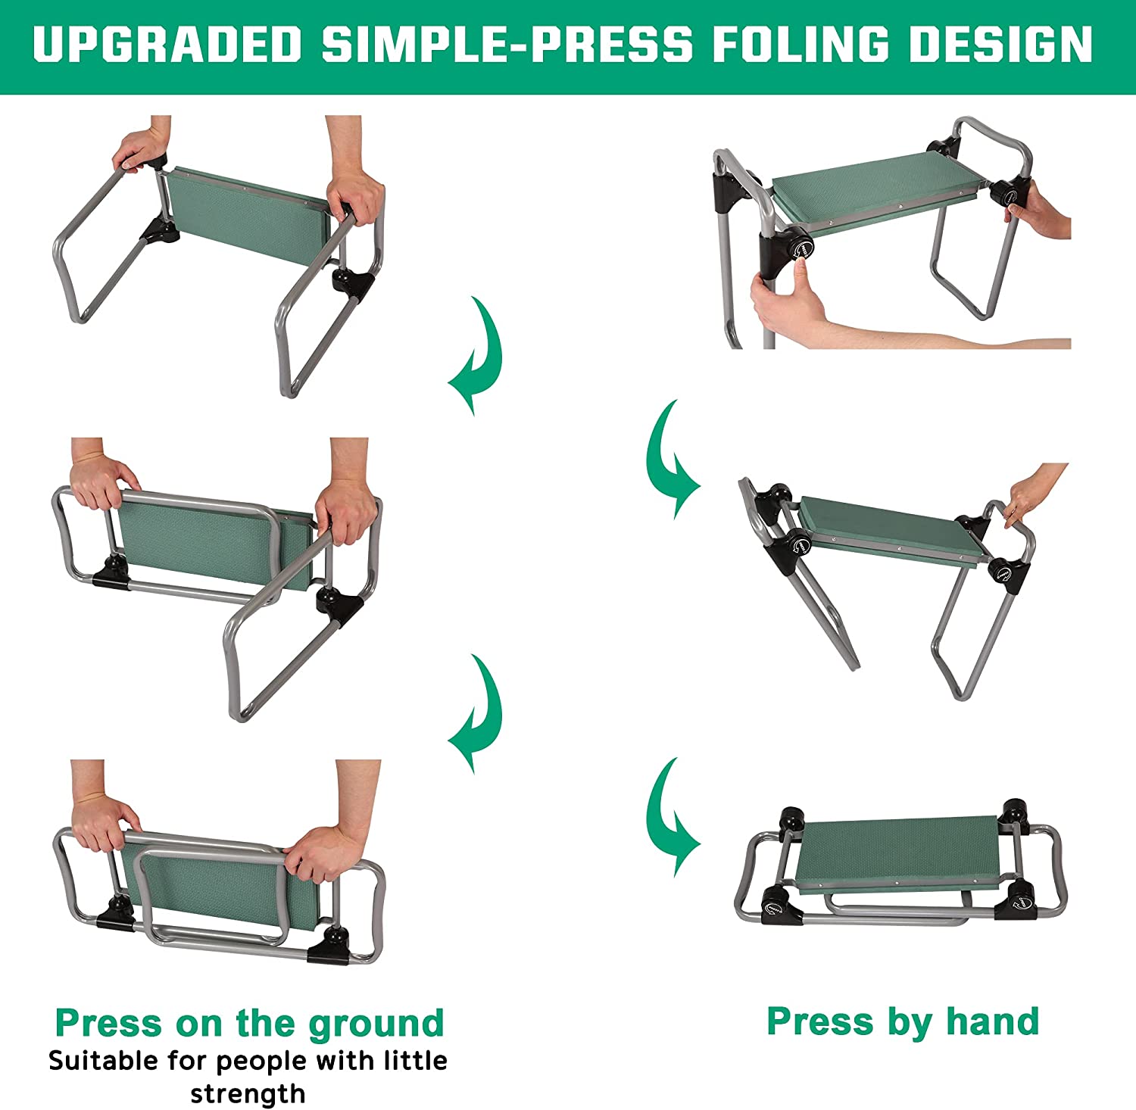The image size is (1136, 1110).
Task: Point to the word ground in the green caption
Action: [x=376, y=1024]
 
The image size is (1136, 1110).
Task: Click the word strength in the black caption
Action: [x=248, y=1093]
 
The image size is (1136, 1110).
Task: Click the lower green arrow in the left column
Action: [x=476, y=713]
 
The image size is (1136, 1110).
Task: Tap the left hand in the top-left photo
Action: [x=140, y=148]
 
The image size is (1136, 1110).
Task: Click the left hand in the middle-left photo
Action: [x=102, y=482]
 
